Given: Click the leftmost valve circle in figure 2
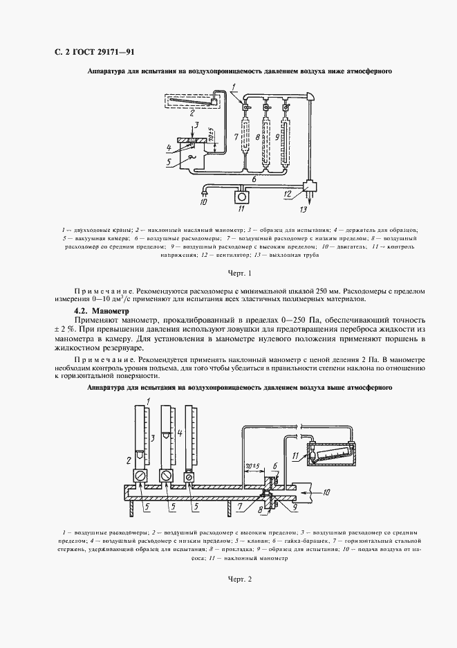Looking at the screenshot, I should tap(141, 476).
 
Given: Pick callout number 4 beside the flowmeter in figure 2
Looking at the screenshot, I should tap(180, 434).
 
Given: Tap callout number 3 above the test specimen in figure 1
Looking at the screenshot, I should tap(196, 125).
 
